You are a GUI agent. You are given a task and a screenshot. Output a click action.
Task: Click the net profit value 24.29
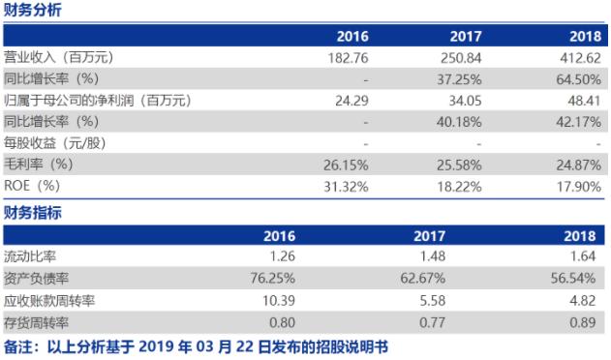click(x=351, y=100)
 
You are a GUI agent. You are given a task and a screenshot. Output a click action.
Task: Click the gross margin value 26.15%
click(x=347, y=164)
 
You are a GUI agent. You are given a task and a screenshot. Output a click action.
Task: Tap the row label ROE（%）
click(x=33, y=185)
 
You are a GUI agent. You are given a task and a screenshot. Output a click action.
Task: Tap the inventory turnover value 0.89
click(x=587, y=319)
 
